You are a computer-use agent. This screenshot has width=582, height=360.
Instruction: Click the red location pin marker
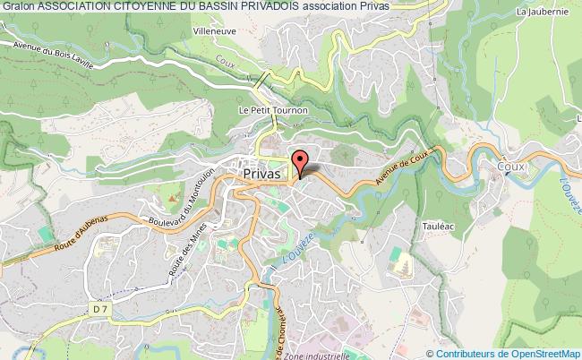coord(302,161)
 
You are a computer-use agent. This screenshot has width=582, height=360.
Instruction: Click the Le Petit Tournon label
coord(272,110)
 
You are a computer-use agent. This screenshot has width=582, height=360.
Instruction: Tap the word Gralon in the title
coord(17,6)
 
